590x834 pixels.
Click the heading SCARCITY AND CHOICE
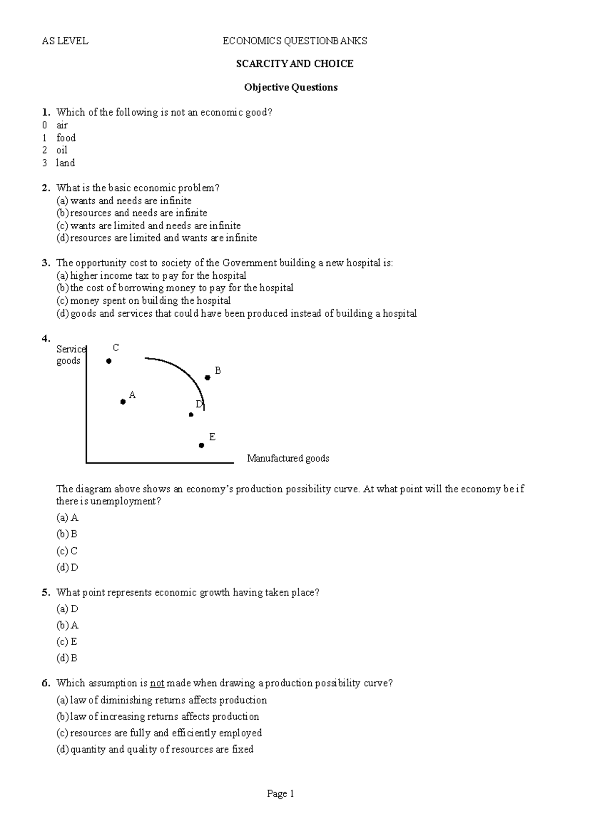point(295,64)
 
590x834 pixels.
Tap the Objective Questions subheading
point(291,88)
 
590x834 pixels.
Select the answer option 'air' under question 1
point(62,125)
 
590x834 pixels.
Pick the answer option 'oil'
point(62,150)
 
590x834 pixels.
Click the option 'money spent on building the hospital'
point(150,300)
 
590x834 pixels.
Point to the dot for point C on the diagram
point(109,361)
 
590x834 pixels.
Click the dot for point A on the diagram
point(123,402)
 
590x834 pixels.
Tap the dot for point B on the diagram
point(207,378)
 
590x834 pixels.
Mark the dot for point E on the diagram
point(202,446)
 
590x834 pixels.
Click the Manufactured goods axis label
point(288,459)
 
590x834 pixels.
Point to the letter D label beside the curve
point(199,404)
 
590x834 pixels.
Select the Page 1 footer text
point(280,794)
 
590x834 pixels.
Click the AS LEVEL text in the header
point(65,41)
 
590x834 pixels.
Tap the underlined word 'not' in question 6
point(157,683)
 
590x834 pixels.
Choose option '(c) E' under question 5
point(67,642)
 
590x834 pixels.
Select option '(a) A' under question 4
point(68,518)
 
